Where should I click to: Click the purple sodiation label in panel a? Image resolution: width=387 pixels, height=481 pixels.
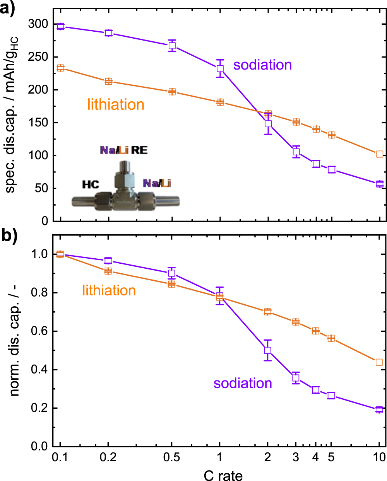pos(262,65)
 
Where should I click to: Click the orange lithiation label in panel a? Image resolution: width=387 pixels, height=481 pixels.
pos(116,105)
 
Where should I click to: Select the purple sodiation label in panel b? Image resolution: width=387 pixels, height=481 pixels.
pos(243,383)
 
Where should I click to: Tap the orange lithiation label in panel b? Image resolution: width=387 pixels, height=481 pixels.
pos(109,290)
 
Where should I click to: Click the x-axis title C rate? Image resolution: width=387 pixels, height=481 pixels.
pos(223,475)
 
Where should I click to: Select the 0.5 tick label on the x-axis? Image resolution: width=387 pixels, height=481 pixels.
pos(171,457)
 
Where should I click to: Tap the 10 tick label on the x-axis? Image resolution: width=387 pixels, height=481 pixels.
pos(379,457)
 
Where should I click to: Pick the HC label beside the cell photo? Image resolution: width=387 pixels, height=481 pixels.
pos(91,184)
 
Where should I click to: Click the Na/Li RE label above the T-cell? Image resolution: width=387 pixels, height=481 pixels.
pos(124,150)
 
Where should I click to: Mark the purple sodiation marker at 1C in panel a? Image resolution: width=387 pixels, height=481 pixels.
pos(220,68)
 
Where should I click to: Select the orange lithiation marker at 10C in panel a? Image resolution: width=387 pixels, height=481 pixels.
pos(380,154)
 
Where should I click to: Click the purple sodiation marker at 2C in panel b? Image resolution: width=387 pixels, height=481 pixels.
pos(267,350)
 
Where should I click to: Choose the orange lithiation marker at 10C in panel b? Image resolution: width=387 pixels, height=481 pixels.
pos(379,362)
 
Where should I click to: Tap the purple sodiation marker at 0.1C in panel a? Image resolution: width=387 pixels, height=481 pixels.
pos(60,26)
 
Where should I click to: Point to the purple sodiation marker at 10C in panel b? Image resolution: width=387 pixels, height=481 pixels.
pos(379,410)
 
